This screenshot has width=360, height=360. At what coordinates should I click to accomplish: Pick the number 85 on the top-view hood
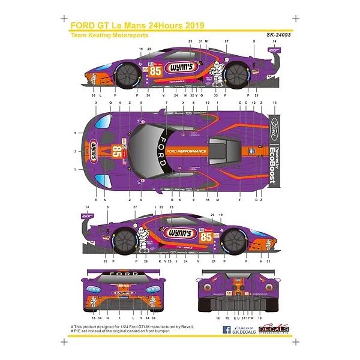point(116,151)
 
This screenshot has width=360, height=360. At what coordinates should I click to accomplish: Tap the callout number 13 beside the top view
point(275,103)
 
